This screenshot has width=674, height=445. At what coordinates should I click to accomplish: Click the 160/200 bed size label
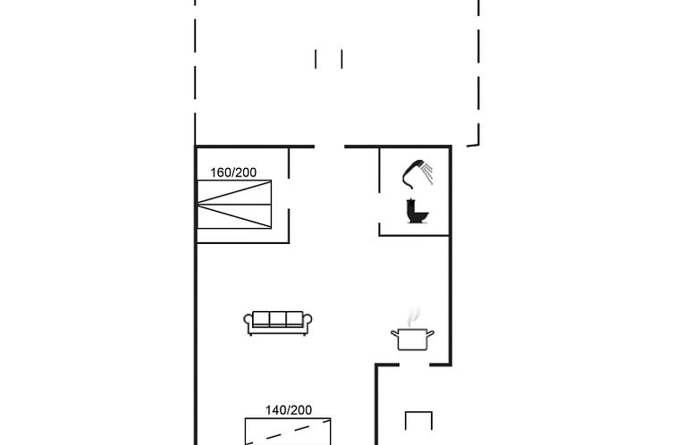pos(233,172)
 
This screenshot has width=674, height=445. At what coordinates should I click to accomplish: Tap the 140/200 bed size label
pos(289,410)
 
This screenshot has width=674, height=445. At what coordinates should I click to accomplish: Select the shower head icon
pos(417,174)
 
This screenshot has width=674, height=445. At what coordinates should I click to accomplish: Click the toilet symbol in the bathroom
pos(417,211)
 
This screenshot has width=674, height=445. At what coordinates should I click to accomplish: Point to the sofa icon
pos(278,323)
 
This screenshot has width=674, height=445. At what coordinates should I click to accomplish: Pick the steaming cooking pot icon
pos(412,330)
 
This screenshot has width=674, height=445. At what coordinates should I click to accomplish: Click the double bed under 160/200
pos(234,205)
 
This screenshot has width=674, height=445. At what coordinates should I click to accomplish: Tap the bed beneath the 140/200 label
pos(288,432)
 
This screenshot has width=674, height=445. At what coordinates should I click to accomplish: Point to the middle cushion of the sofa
pos(278,319)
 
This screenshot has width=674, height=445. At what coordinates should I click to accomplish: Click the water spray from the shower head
pos(427,173)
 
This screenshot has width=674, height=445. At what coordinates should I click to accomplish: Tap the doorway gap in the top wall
pos(330,147)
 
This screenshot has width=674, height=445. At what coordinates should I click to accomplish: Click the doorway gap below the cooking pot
pos(415,365)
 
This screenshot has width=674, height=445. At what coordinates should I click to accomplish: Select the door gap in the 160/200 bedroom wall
pos(289,194)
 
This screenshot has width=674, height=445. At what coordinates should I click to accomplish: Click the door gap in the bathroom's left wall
pos(379,207)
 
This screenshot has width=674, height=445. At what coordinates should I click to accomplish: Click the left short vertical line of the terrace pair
pos(316,59)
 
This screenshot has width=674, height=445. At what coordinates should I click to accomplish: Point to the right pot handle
pos(430,333)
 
